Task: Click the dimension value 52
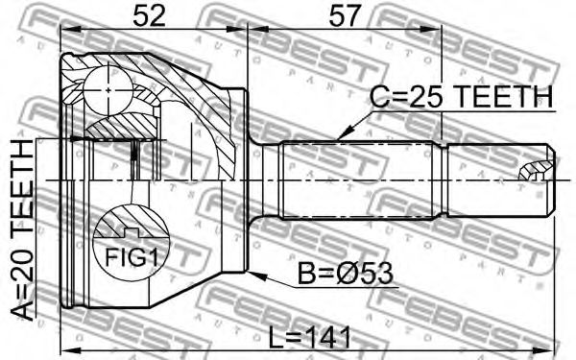(149, 16)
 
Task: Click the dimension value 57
(345, 16)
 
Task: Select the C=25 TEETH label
(461, 97)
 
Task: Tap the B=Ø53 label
(345, 274)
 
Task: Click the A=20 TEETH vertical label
(22, 230)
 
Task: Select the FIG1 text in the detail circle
(132, 257)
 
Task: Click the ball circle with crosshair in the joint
(108, 89)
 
